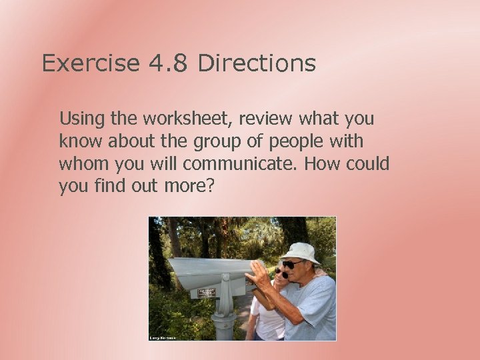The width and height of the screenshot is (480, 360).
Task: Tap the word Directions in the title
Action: coord(257,63)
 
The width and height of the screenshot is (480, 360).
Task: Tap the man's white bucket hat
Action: coord(301,252)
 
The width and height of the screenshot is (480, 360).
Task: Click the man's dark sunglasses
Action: coord(291,265)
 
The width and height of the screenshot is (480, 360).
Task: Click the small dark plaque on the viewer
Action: coord(207,292)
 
